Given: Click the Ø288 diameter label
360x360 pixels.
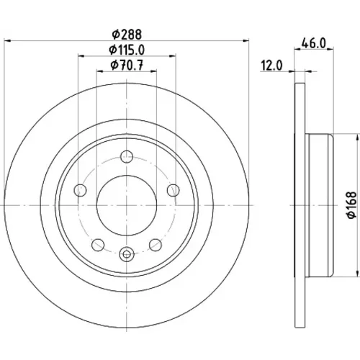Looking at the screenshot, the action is tap(127, 35).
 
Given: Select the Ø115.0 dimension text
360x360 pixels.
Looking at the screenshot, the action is tap(127, 50).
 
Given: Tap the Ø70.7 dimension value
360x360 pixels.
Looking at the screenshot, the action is tap(127, 65).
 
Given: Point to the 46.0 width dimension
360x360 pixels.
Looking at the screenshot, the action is tap(314, 43).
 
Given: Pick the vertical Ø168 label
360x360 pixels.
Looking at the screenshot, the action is tap(352, 204).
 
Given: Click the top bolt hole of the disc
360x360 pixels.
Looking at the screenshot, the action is tap(127, 157).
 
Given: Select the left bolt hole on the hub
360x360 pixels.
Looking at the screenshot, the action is tap(80, 190).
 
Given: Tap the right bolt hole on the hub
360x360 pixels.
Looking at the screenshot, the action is tap(173, 190).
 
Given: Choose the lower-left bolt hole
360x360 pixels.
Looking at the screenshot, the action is tap(98, 245).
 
